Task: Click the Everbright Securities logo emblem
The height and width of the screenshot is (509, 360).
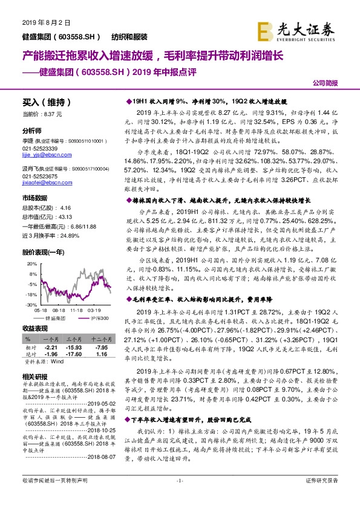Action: pos(264,29)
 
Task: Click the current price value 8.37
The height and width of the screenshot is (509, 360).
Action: pos(50,114)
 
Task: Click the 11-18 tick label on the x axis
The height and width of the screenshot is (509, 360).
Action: pos(76,310)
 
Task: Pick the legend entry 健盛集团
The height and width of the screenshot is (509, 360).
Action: pos(57,317)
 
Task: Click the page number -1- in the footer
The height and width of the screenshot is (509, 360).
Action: pos(179,497)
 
